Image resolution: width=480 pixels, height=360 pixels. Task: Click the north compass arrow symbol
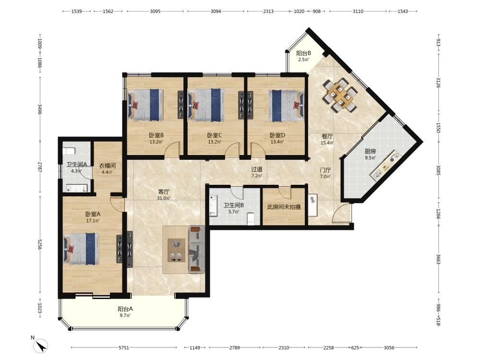[x=41, y=346]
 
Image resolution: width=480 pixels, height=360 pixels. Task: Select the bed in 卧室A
[x=82, y=249]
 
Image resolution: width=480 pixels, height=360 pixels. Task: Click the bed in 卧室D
[x=286, y=106]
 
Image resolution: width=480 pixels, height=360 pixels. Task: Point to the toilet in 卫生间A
[x=69, y=151]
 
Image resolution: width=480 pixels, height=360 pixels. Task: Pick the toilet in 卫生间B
[x=251, y=218]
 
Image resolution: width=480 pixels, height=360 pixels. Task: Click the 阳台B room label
[x=303, y=53]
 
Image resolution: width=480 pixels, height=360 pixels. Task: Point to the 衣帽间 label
[x=107, y=166]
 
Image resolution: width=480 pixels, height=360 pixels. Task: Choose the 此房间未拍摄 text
[x=284, y=206]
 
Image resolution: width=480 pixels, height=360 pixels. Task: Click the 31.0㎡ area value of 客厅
[x=164, y=198]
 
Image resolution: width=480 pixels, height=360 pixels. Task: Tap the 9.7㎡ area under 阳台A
[x=125, y=315]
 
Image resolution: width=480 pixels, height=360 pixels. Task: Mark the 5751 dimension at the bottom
[x=124, y=348]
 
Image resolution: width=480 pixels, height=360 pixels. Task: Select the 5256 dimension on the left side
[x=40, y=244]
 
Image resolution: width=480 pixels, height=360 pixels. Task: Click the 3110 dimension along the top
[x=358, y=12]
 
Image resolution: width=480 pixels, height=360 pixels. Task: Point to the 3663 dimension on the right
[x=439, y=259]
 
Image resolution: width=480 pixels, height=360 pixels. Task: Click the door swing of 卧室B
[x=171, y=149]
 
